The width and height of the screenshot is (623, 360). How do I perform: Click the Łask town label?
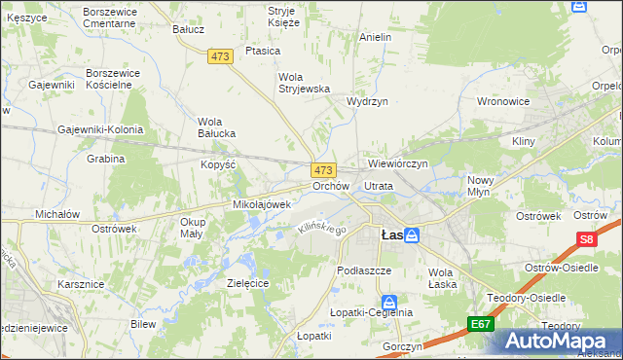pos(390,235)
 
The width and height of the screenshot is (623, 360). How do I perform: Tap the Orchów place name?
pos(330,186)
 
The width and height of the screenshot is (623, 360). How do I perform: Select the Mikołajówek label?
pos(262,205)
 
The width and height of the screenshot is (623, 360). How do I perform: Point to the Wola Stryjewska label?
pos(305,83)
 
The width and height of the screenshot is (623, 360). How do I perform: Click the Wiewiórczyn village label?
pos(398,164)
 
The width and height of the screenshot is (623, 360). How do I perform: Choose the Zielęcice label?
pos(247,282)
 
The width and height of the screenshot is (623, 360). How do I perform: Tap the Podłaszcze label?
pos(363,270)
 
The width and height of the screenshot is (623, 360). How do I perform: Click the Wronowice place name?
pos(502,101)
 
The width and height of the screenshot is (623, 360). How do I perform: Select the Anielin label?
pos(375,37)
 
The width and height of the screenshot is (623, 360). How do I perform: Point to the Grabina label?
pos(106,159)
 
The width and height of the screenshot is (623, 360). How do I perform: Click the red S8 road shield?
pos(585,238)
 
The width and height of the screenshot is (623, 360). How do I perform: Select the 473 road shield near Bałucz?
pos(220,57)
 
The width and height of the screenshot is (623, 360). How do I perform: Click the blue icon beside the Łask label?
pos(412,235)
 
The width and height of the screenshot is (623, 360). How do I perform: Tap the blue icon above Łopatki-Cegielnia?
pos(388,302)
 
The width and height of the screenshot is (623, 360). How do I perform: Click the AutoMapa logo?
pos(556,341)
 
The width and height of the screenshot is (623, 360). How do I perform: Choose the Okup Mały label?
pos(193,228)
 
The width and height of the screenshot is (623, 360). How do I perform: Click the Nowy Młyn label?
pos(481,186)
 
